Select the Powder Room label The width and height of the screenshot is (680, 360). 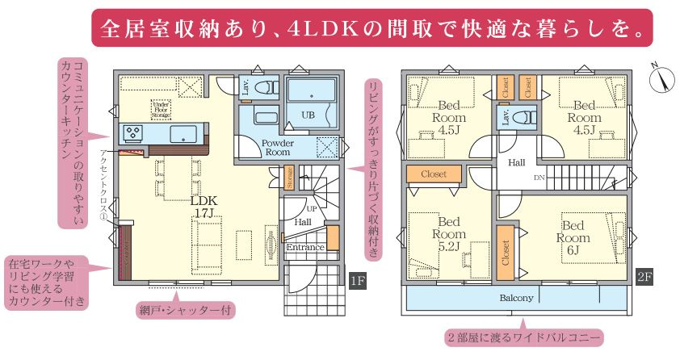point(276,147)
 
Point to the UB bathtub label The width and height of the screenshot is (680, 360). point(309,115)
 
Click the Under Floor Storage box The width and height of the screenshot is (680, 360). point(161,108)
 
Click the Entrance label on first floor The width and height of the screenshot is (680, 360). point(305,247)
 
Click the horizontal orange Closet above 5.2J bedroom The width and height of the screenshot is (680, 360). point(434,173)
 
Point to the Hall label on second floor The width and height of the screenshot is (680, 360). point(516,162)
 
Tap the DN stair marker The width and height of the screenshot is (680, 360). point(539,178)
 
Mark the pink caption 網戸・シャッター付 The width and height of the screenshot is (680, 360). point(188,308)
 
